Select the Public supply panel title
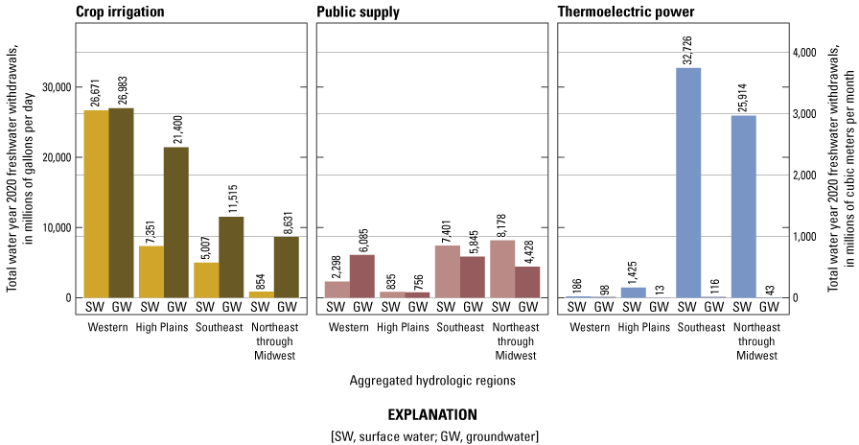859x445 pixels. [x=359, y=12]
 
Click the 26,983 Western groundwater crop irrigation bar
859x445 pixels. [x=121, y=202]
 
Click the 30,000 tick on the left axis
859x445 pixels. [x=56, y=87]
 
